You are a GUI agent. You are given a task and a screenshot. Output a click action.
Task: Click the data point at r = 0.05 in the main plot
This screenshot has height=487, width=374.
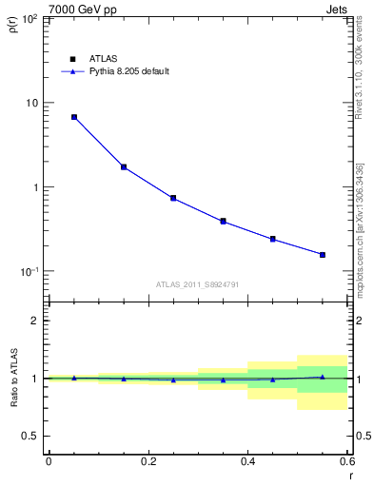tap(74, 117)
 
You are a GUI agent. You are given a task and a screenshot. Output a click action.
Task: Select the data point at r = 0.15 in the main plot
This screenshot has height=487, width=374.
tap(124, 167)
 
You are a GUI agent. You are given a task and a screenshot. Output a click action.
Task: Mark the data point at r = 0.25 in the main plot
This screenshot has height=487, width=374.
tap(173, 198)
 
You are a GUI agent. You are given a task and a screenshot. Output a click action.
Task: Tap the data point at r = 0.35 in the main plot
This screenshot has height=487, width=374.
tap(223, 222)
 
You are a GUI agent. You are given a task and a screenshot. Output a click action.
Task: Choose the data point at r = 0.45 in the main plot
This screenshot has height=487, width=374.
tap(273, 239)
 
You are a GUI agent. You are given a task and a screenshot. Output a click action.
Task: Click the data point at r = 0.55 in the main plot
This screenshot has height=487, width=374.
tap(323, 255)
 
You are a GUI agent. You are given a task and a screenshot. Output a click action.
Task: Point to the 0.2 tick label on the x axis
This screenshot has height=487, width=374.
tap(148, 461)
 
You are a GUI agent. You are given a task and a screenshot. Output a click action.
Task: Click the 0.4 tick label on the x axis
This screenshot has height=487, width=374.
tap(247, 461)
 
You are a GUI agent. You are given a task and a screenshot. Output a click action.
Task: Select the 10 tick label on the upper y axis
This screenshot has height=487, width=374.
tap(31, 103)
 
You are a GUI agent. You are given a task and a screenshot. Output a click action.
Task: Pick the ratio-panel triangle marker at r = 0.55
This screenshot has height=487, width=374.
tap(323, 377)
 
